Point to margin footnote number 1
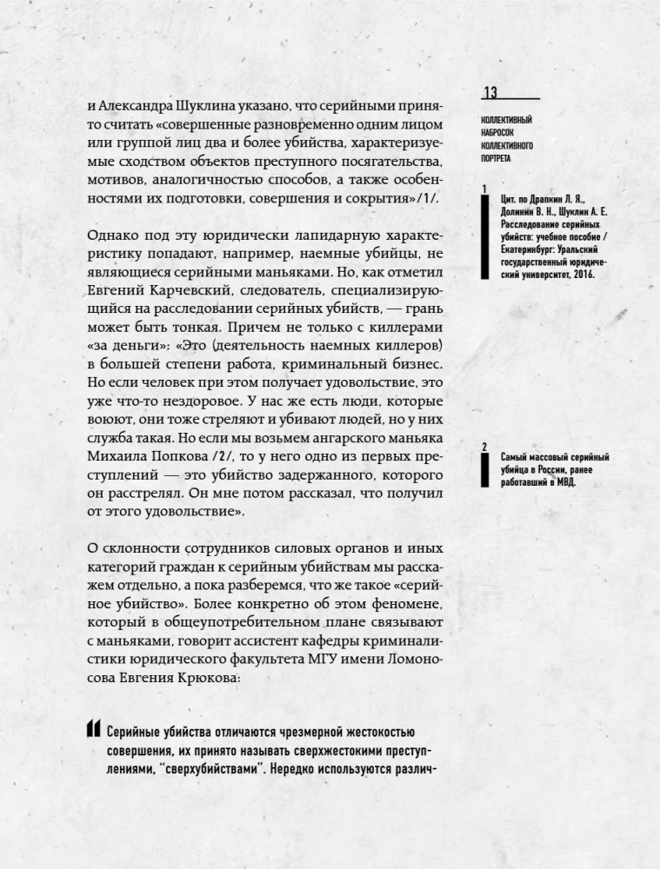pyautogui.click(x=483, y=189)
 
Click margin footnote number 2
pyautogui.click(x=483, y=447)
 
